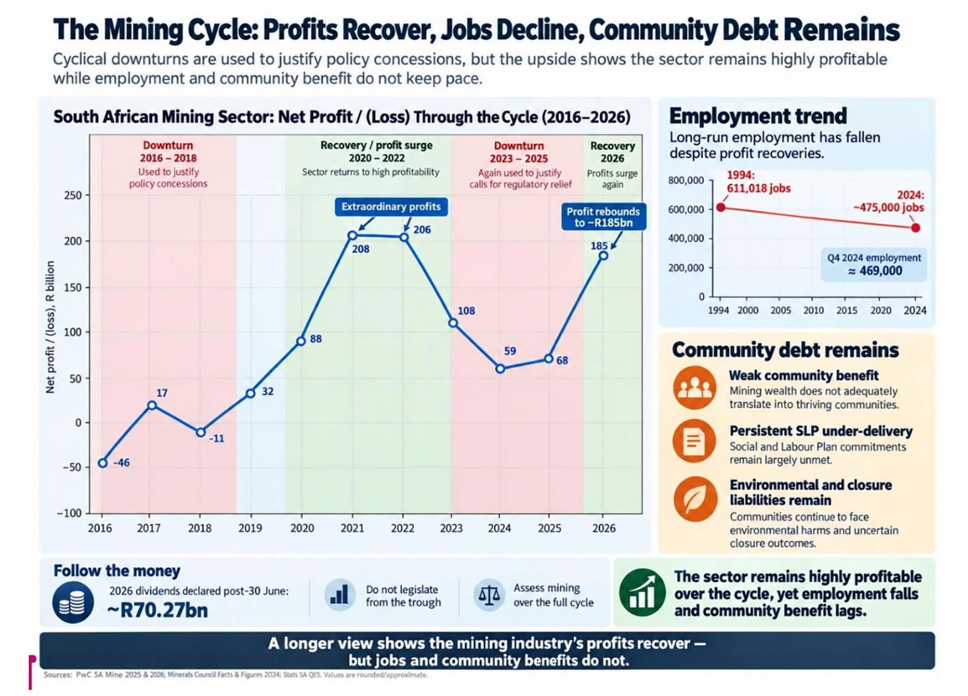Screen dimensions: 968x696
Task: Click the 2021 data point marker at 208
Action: pos(353,235)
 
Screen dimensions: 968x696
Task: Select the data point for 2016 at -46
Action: pos(103,463)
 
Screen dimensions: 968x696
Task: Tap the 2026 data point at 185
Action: pos(604,255)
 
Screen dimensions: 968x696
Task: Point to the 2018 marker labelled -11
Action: pos(200,432)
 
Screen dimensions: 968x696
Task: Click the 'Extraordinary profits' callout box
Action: pos(391,206)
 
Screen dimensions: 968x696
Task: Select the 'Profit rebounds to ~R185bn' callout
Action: pos(604,217)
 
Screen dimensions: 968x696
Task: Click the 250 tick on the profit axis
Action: pos(73,195)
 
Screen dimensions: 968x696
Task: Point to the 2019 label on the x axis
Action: pos(250,528)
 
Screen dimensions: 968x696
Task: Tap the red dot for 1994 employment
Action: pos(721,207)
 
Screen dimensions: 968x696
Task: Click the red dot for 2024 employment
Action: pos(915,228)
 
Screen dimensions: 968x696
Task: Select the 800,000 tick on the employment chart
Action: pos(686,180)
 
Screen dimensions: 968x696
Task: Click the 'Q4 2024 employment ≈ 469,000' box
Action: pos(874,264)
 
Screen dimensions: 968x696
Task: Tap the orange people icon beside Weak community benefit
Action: pos(695,388)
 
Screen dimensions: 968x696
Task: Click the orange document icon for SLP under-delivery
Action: pos(695,441)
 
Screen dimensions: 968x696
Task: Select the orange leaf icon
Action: pos(695,499)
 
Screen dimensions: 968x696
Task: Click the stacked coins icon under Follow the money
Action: pos(73,602)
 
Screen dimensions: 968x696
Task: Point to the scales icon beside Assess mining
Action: pos(489,595)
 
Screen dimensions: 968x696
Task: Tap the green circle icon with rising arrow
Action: pos(642,593)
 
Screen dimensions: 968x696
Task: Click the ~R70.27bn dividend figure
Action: pos(157,610)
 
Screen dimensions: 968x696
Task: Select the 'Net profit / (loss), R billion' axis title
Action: pos(51,327)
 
